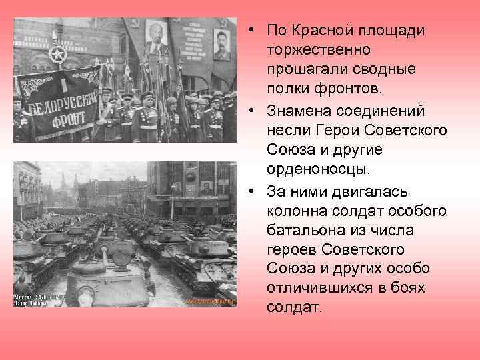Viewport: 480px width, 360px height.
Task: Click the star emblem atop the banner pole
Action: pyautogui.click(x=59, y=54)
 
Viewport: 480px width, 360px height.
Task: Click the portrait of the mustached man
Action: pyautogui.click(x=220, y=45)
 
